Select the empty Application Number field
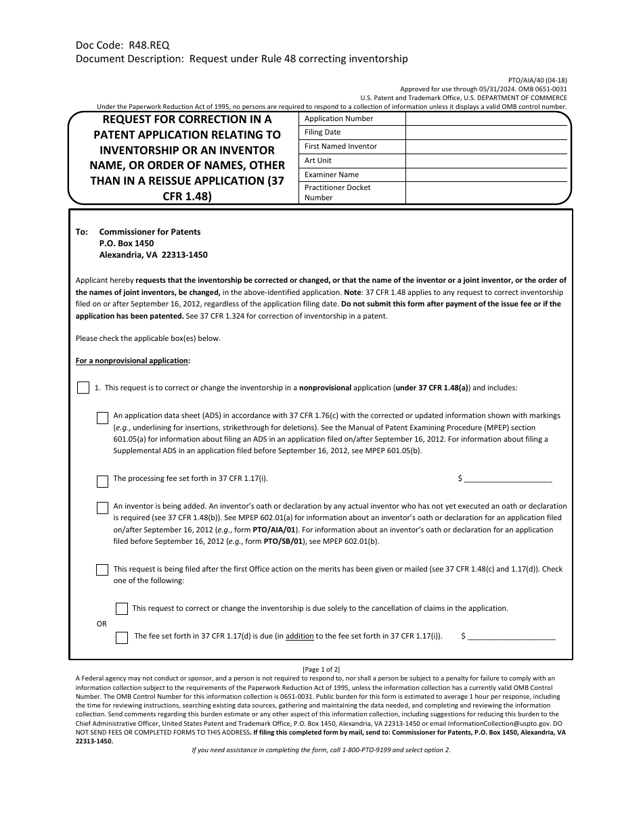tap(487, 118)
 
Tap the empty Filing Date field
tap(487, 133)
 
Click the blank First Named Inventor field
tap(487, 147)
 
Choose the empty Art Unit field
tap(487, 161)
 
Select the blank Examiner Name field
tap(487, 175)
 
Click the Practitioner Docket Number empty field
tap(487, 193)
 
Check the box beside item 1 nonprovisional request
tap(83, 388)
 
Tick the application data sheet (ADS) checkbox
tap(102, 418)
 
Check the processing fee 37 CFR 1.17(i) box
tap(102, 482)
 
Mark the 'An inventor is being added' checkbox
tap(102, 508)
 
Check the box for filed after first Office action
tap(102, 570)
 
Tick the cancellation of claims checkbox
tap(122, 609)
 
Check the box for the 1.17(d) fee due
tap(122, 637)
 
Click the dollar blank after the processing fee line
tap(508, 479)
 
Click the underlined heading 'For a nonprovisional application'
tap(133, 361)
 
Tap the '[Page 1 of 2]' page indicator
tap(321, 670)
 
